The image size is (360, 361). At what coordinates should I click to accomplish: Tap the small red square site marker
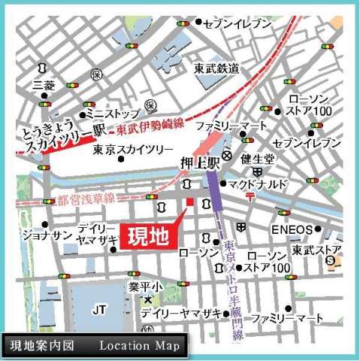pyautogui.click(x=190, y=203)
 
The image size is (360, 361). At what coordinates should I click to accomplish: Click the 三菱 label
pyautogui.click(x=44, y=86)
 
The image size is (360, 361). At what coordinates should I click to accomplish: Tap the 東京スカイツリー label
pyautogui.click(x=133, y=150)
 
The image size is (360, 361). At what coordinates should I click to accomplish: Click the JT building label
pyautogui.click(x=99, y=308)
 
